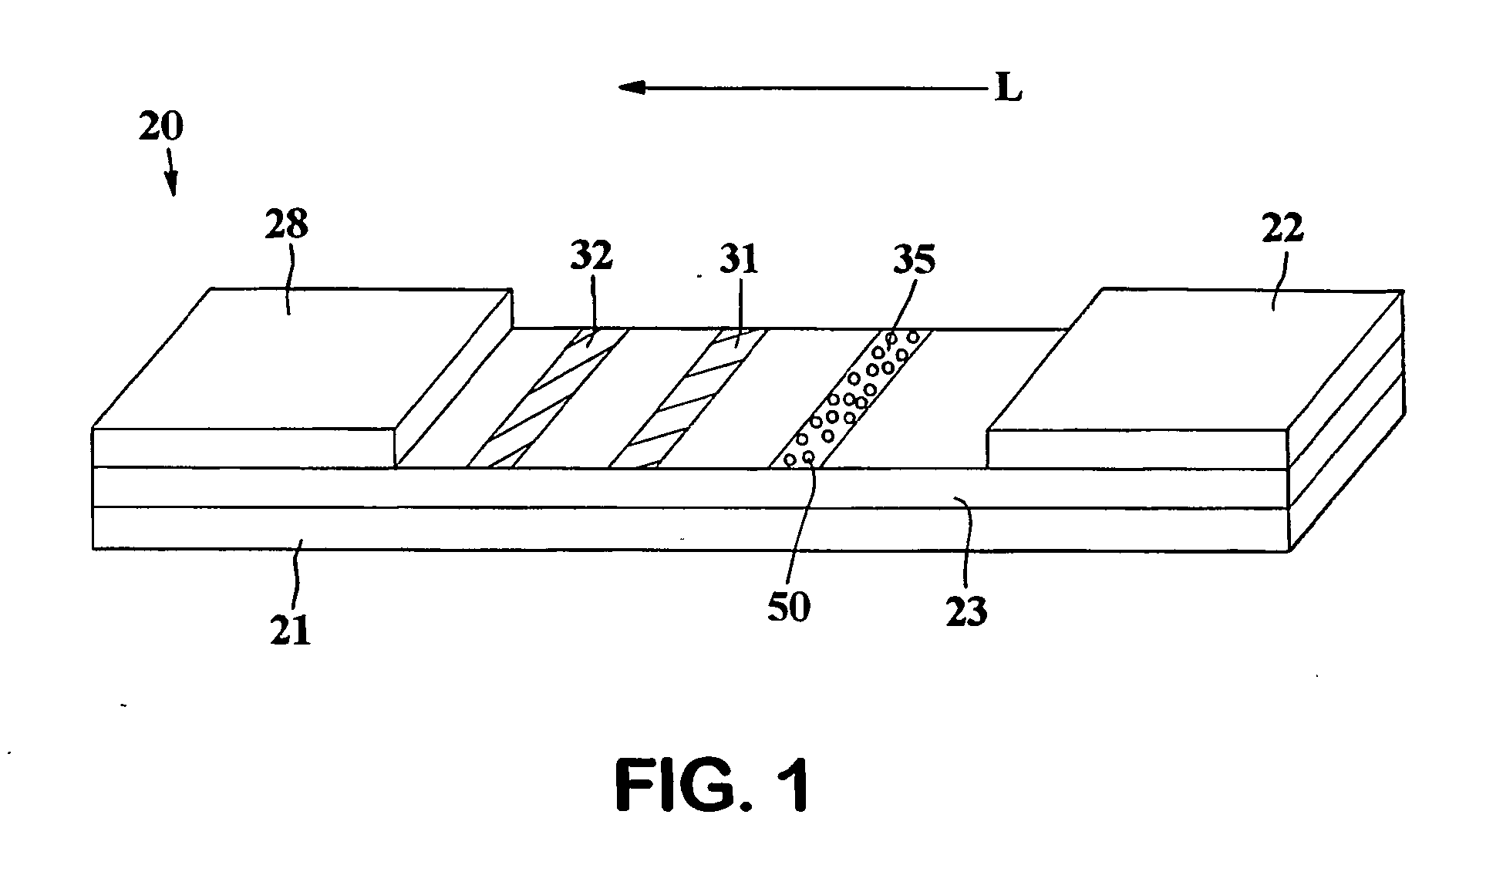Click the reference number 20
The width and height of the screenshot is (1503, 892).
160,126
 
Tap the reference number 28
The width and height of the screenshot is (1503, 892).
286,225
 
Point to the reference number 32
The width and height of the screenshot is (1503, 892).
591,258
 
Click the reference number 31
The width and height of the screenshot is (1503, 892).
738,260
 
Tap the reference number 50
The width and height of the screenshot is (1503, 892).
789,607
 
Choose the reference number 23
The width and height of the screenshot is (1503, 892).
967,611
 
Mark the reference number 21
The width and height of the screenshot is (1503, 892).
290,630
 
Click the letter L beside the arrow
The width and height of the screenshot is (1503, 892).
1008,91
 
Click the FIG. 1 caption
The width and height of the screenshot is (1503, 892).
713,784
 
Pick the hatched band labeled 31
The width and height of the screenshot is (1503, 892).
688,399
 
